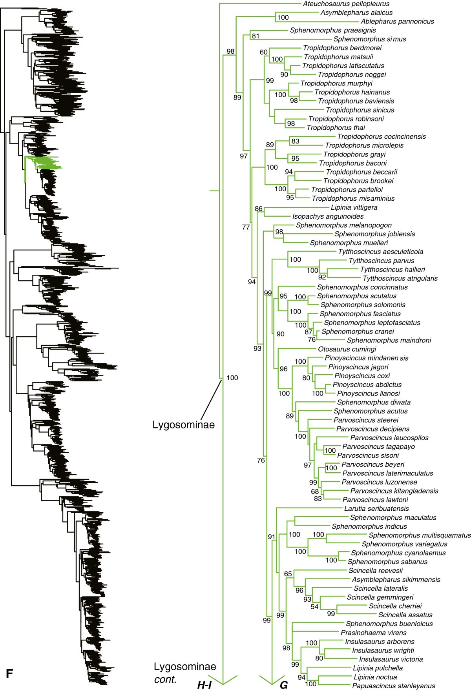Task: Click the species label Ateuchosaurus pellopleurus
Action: point(341,4)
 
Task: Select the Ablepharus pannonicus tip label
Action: point(398,22)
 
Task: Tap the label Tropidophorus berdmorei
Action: point(342,48)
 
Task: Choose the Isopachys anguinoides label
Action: point(328,216)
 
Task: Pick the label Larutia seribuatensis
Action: point(376,509)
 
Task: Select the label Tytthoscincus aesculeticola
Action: point(380,252)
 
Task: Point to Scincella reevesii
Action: point(375,571)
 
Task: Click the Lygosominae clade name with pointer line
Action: point(184,424)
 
